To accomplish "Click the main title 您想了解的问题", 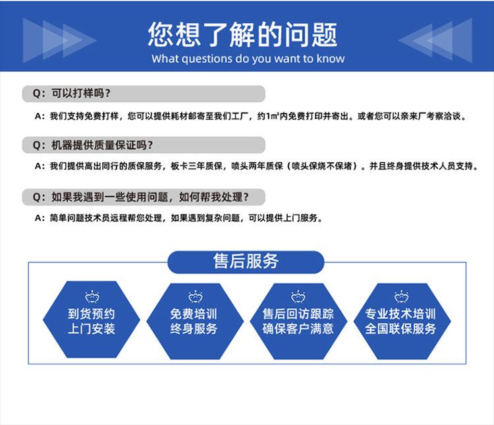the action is click(x=242, y=34).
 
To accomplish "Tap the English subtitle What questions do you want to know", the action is click(x=248, y=59).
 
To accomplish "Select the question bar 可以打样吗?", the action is click(x=144, y=94).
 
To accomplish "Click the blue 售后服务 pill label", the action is click(x=246, y=262).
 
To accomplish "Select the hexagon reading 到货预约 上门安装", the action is click(x=92, y=320).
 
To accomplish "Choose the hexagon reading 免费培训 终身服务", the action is click(x=195, y=321).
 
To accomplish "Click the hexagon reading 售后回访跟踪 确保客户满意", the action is click(x=298, y=321).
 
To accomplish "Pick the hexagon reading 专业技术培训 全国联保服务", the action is click(x=402, y=321).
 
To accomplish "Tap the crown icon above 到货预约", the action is click(x=92, y=297).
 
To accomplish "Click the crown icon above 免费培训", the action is click(x=196, y=297).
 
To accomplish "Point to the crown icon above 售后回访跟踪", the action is click(x=298, y=297).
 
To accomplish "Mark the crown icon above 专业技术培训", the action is click(x=401, y=297).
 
